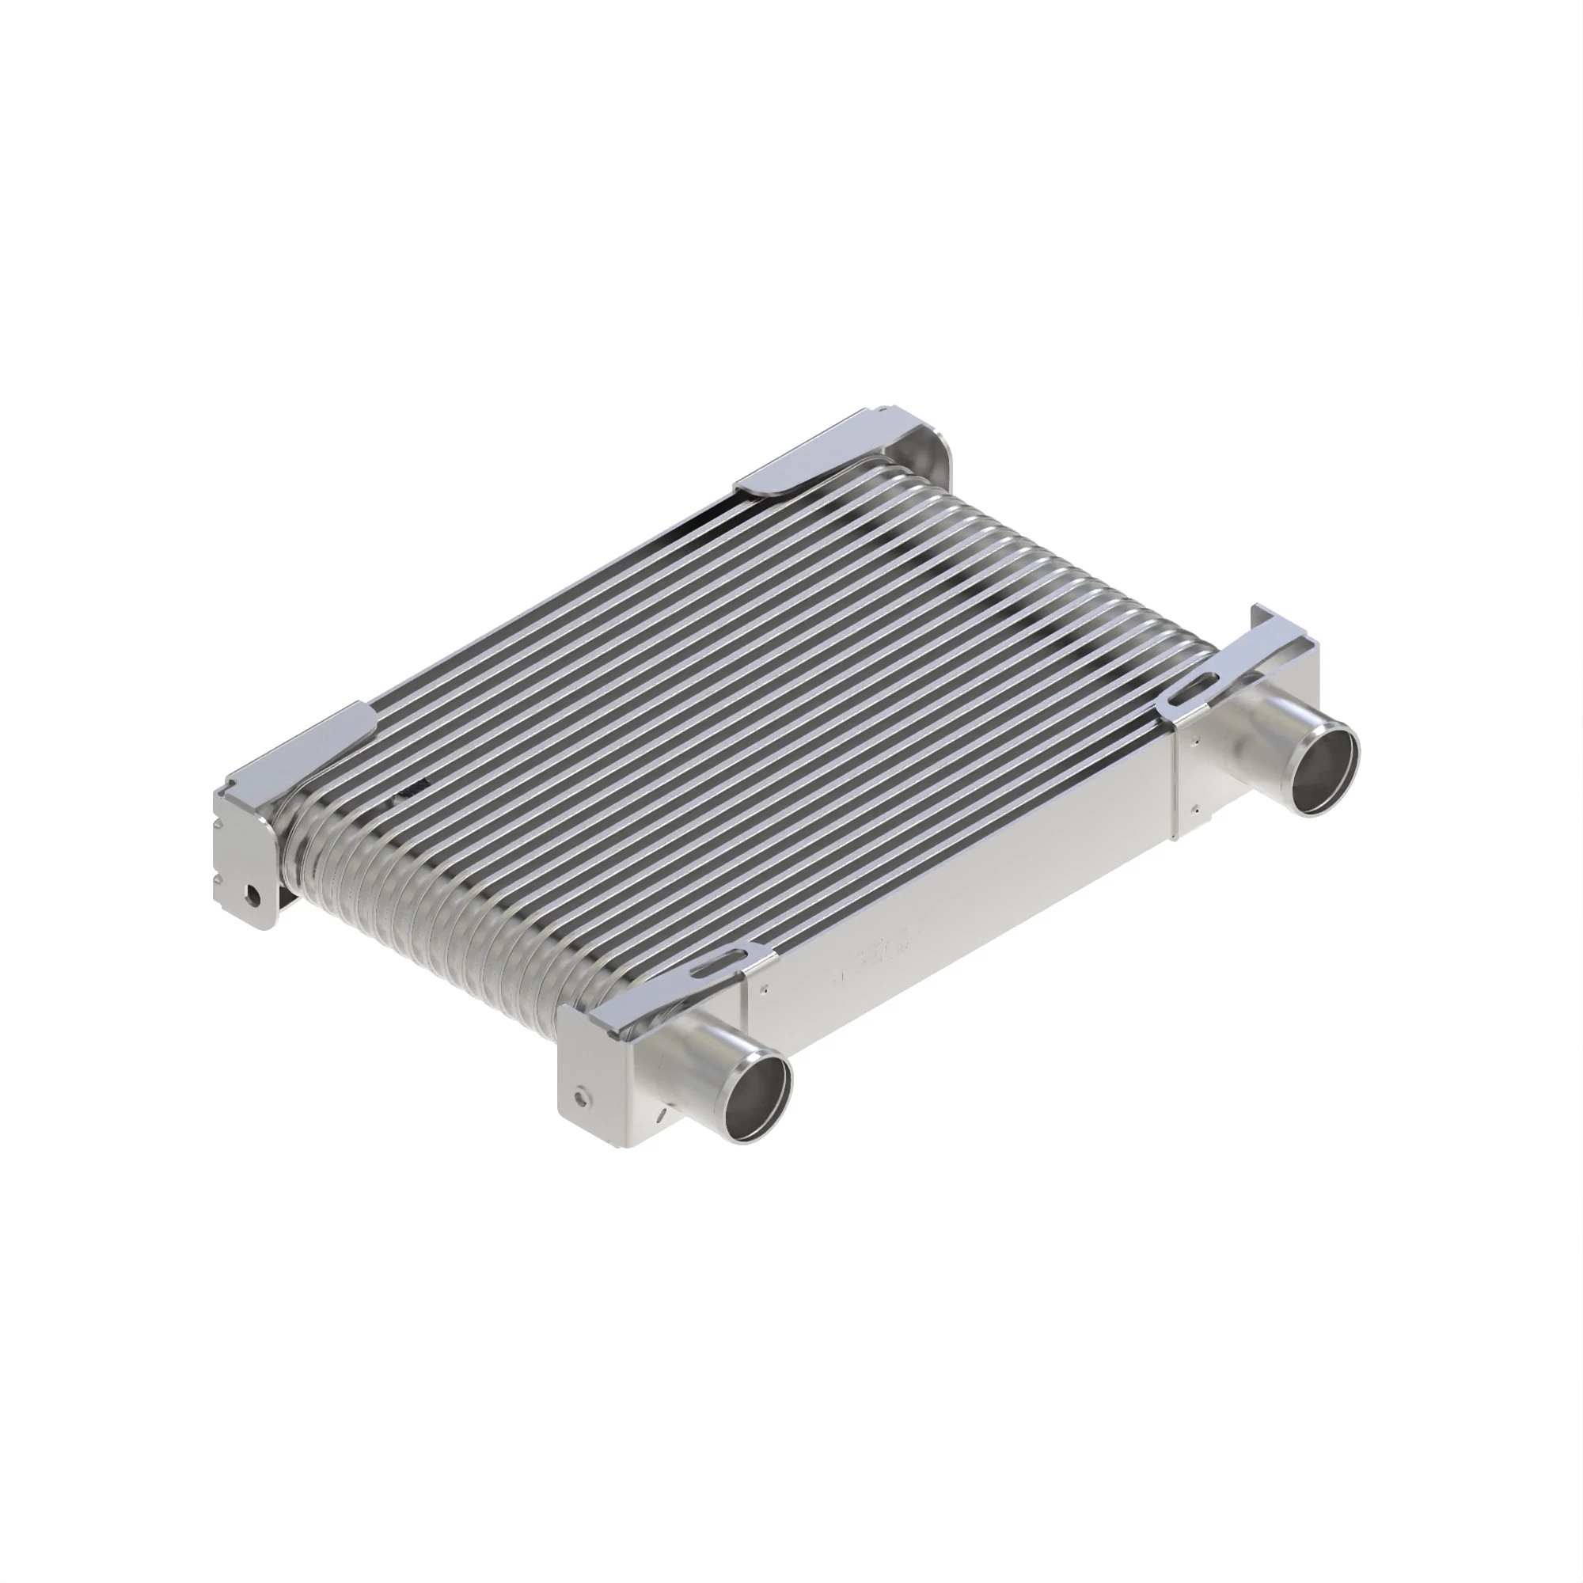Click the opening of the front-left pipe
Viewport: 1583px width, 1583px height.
(x=759, y=1098)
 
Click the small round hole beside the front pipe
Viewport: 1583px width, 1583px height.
(x=581, y=1095)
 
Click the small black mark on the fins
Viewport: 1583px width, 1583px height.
(x=416, y=788)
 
